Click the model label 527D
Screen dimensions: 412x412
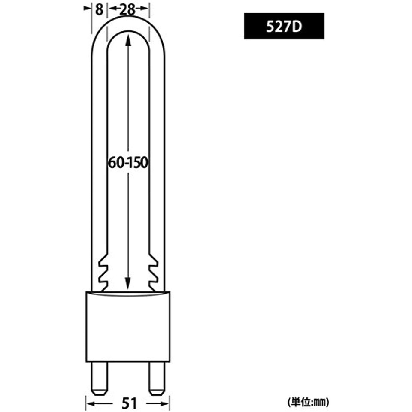click(x=284, y=27)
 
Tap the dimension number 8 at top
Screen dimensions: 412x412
click(x=99, y=10)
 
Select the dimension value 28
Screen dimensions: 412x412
click(x=127, y=10)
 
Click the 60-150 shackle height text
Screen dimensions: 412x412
click(x=128, y=163)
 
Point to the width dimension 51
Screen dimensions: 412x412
click(x=130, y=403)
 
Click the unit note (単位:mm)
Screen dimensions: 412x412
click(x=308, y=402)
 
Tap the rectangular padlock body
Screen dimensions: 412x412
click(x=128, y=327)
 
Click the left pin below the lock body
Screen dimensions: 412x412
click(x=99, y=379)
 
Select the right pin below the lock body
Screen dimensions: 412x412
click(x=157, y=379)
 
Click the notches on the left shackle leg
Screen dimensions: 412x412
click(x=103, y=272)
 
